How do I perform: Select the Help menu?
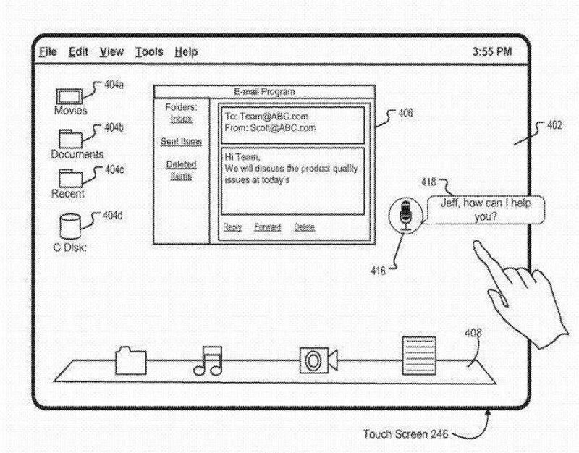tap(186, 52)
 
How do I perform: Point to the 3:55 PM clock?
tap(491, 52)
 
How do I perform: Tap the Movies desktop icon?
tap(69, 96)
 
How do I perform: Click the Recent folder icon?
tap(70, 177)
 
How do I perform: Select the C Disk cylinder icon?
tap(70, 225)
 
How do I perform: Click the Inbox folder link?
tap(181, 118)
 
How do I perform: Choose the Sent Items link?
tap(181, 141)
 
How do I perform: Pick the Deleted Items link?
tap(181, 170)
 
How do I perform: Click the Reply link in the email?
tap(232, 227)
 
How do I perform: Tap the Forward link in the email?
tap(267, 227)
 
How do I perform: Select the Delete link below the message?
tap(304, 227)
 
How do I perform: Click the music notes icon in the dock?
tap(208, 360)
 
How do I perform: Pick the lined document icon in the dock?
tap(419, 354)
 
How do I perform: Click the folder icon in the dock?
tap(130, 360)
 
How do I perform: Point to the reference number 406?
tap(405, 114)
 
